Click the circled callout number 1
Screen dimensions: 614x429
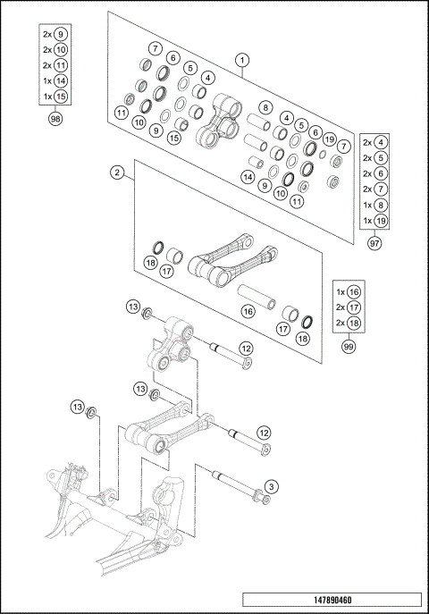pos(242,60)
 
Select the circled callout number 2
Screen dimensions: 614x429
pos(117,172)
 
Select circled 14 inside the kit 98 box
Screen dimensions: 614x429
pos(60,80)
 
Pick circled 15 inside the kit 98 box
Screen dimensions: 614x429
pos(60,96)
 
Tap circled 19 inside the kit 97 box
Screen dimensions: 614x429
pos(382,221)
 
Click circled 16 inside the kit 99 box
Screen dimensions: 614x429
pos(355,291)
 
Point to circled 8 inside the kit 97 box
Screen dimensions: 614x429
pos(382,205)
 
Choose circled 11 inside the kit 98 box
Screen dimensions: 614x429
pos(60,65)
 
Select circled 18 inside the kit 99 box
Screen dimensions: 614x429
pos(355,322)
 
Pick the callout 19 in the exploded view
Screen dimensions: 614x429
pos(330,139)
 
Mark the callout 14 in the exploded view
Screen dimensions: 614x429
pos(248,177)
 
